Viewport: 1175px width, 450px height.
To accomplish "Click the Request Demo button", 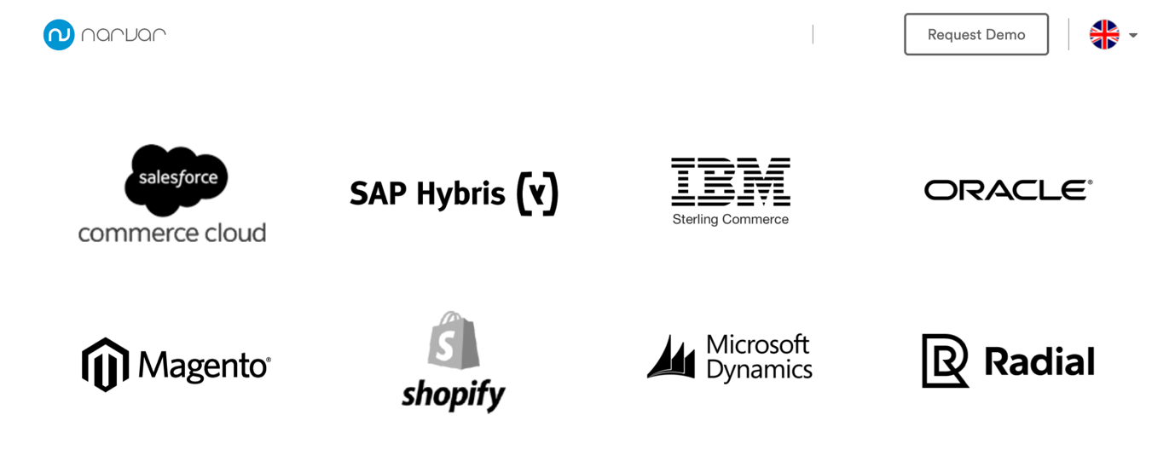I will click(x=975, y=35).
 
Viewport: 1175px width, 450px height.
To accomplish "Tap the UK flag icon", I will click(x=1104, y=35).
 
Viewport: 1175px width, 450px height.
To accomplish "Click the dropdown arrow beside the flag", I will click(x=1133, y=36).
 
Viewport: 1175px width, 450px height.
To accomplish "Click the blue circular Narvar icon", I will click(x=59, y=35).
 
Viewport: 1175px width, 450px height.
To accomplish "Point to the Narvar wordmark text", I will click(x=124, y=35).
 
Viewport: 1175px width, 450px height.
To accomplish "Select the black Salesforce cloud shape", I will click(x=177, y=178).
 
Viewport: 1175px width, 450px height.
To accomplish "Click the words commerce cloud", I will click(x=172, y=233).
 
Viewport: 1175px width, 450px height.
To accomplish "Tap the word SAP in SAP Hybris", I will click(x=379, y=193).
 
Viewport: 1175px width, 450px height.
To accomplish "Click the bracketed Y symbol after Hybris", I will click(x=537, y=193).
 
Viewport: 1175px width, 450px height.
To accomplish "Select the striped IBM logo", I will click(x=731, y=181).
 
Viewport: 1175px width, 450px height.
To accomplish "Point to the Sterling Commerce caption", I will click(x=731, y=220).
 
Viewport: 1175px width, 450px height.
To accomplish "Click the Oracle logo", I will click(x=1008, y=190).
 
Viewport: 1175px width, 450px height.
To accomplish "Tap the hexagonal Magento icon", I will click(x=105, y=365).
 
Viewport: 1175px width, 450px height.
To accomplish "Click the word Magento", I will click(x=204, y=366).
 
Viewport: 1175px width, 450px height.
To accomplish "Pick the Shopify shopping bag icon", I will click(x=453, y=341).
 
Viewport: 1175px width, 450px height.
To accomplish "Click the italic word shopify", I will click(x=454, y=395).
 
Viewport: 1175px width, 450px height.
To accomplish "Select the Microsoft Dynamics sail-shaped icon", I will click(x=671, y=357).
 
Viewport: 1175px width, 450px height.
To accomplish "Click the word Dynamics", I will click(x=760, y=370).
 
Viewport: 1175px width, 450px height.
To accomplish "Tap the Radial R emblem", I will click(x=945, y=361).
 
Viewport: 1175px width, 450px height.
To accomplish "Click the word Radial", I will click(x=1039, y=361).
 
